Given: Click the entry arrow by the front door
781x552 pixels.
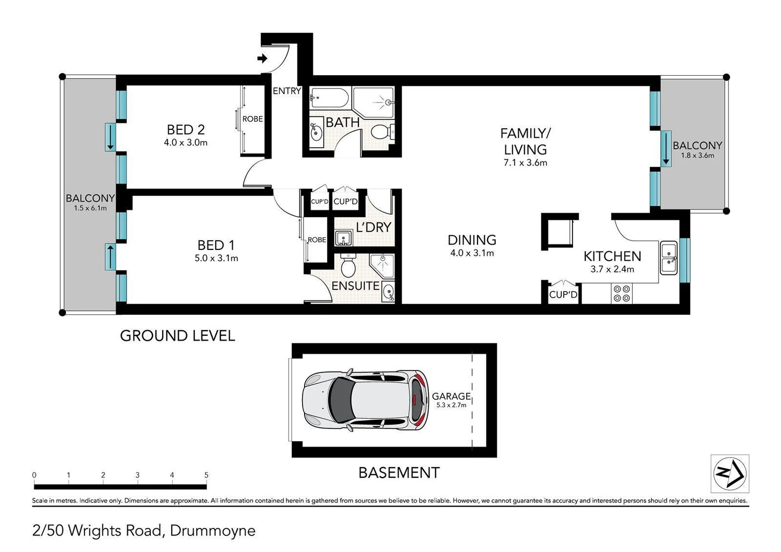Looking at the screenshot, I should coord(262,59).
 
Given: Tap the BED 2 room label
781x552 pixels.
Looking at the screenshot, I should coord(186,130).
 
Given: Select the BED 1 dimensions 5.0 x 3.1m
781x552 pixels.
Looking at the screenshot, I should coord(216,259).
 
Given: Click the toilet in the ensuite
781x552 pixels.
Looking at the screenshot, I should coord(348,265).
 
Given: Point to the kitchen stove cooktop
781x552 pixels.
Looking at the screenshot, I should coord(622,293).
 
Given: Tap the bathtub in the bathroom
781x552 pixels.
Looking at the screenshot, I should coord(329,97).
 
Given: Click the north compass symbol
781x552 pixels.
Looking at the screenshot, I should coord(730,473).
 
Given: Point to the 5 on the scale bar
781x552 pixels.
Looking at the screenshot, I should coord(206,475).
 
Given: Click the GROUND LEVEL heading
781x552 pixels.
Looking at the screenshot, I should coord(177,336).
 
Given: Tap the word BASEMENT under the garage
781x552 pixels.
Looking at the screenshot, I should coord(399,473).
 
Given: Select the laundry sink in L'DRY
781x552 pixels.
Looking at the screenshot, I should coord(344,238).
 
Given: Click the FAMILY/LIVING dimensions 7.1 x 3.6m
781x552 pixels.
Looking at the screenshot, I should coord(525,163).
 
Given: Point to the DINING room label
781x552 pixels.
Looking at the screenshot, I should coord(472,240).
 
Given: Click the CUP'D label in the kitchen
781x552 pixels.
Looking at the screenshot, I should coord(563,295).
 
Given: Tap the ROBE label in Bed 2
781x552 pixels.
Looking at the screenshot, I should coord(252,119).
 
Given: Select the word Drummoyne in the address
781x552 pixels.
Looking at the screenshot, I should coord(213,531).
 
